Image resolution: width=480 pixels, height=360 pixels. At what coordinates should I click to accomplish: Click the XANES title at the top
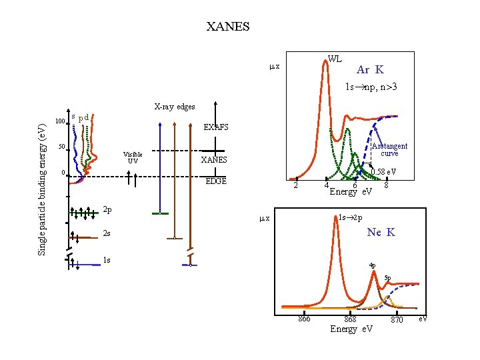228,27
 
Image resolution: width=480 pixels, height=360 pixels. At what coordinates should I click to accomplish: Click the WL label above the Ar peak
335,59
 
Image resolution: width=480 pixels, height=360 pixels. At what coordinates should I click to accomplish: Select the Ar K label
370,69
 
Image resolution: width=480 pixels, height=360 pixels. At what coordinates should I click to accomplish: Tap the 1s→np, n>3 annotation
371,87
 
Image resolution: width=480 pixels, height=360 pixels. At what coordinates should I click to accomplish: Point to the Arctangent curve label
389,149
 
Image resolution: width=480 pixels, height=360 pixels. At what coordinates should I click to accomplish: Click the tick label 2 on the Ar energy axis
296,186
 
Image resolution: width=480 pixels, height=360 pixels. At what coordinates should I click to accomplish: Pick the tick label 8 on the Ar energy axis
386,186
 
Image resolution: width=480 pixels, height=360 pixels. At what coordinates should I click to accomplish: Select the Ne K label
381,232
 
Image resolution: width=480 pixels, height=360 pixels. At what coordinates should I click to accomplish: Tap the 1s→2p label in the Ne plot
350,217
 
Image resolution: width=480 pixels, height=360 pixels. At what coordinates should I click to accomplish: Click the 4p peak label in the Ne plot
372,265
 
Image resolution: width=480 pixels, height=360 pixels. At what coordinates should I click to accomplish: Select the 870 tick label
397,320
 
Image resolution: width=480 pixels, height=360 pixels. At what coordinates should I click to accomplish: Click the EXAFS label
215,127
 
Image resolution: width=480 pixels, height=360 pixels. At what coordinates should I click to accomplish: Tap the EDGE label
215,181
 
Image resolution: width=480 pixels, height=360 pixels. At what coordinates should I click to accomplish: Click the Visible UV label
133,157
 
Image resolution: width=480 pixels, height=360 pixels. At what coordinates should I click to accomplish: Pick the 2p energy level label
107,210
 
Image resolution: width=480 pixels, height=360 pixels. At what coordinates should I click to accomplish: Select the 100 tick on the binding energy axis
59,122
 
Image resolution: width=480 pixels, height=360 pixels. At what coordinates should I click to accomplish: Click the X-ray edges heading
175,107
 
